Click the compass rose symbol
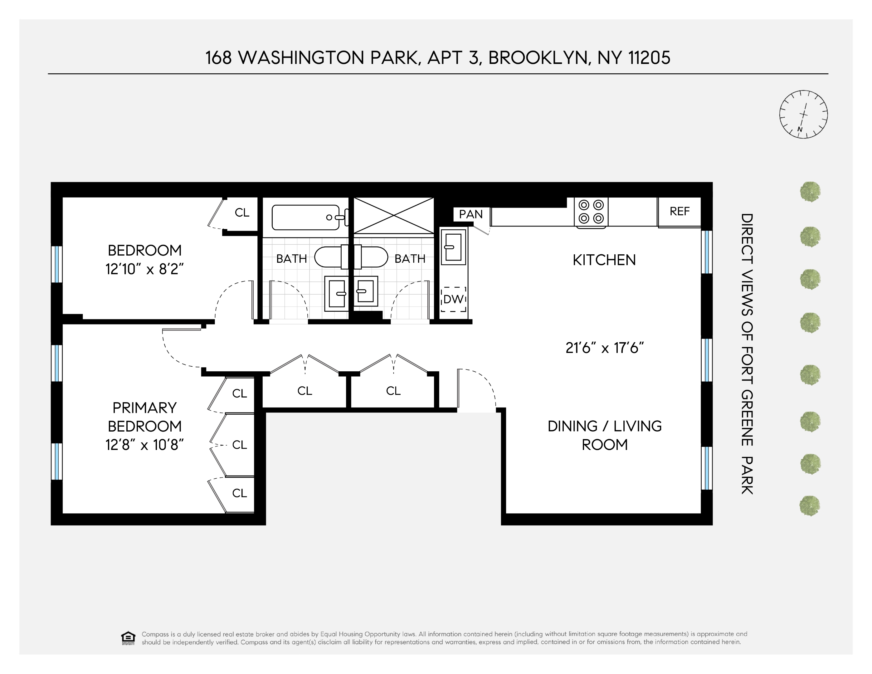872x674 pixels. [x=803, y=114]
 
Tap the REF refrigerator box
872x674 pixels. [x=679, y=212]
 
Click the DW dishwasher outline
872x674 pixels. [x=453, y=299]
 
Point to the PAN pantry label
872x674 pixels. [x=470, y=214]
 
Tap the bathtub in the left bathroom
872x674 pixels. [x=305, y=217]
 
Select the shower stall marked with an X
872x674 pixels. [x=393, y=215]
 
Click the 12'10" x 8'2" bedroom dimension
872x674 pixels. [x=144, y=269]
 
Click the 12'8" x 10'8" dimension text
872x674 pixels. [x=144, y=445]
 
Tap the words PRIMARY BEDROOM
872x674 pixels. [x=144, y=417]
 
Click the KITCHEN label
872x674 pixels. [x=604, y=260]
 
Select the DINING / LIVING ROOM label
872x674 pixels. [x=605, y=435]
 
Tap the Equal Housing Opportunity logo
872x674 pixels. [x=128, y=638]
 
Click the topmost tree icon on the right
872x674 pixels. [x=810, y=192]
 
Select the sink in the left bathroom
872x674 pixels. [x=337, y=294]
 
